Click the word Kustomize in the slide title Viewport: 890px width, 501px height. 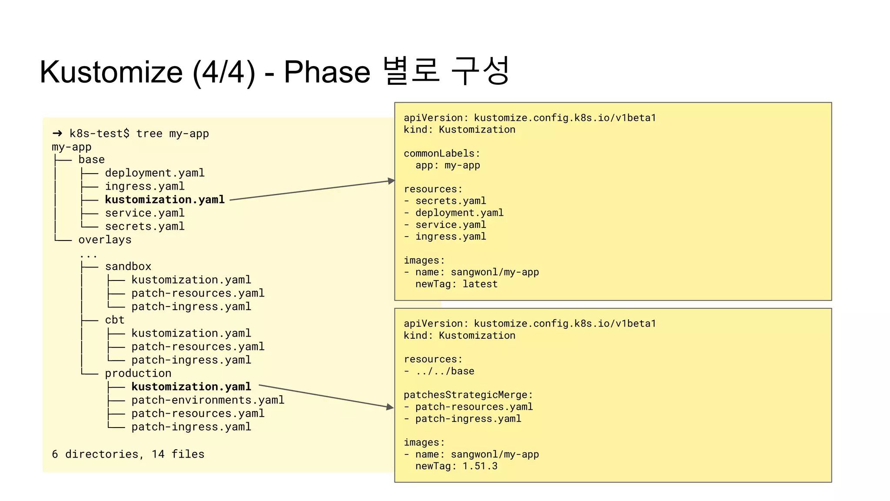pyautogui.click(x=111, y=72)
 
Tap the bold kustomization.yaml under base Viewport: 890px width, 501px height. pyautogui.click(x=165, y=200)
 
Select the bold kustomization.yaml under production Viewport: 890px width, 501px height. pyautogui.click(x=191, y=387)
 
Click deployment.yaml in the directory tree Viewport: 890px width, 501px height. pyautogui.click(x=155, y=173)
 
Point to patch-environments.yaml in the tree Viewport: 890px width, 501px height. pyautogui.click(x=208, y=400)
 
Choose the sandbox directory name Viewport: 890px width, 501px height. pyautogui.click(x=128, y=267)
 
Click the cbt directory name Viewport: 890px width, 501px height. pyautogui.click(x=115, y=320)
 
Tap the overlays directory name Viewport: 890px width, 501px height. pyautogui.click(x=105, y=240)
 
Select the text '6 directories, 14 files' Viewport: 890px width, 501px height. pyautogui.click(x=128, y=454)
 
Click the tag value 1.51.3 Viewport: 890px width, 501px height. pyautogui.click(x=480, y=466)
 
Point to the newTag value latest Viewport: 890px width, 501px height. pyautogui.click(x=480, y=284)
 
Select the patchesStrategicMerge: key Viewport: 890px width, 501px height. pyautogui.click(x=468, y=395)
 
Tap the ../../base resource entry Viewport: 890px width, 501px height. pyautogui.click(x=445, y=371)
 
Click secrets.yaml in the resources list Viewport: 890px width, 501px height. pyautogui.click(x=451, y=201)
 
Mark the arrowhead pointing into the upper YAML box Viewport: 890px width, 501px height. pyautogui.click(x=391, y=180)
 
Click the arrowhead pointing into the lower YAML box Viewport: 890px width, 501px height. pyautogui.click(x=390, y=407)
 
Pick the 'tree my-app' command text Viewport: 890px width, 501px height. pyautogui.click(x=173, y=134)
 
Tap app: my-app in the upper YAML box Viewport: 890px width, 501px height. pyautogui.click(x=448, y=166)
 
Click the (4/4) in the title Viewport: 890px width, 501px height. pyautogui.click(x=224, y=72)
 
